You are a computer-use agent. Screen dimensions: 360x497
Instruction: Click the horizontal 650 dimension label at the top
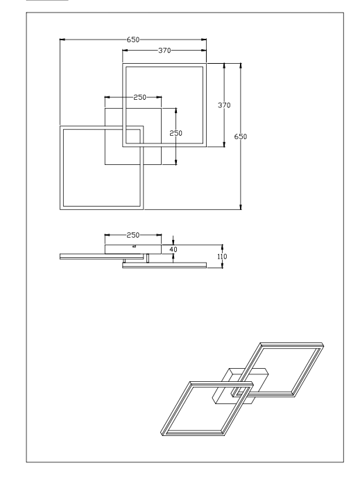pyautogui.click(x=133, y=40)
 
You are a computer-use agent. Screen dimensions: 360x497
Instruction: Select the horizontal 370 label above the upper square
pyautogui.click(x=164, y=50)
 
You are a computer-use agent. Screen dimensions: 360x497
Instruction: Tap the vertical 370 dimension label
pyautogui.click(x=224, y=105)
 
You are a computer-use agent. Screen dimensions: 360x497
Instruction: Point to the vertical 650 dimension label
pyautogui.click(x=241, y=137)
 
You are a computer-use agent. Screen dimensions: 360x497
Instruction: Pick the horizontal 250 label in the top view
pyautogui.click(x=139, y=97)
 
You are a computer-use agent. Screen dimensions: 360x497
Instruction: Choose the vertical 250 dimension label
pyautogui.click(x=175, y=133)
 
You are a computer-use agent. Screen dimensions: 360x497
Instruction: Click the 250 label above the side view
pyautogui.click(x=133, y=235)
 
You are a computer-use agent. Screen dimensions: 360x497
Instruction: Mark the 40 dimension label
pyautogui.click(x=173, y=250)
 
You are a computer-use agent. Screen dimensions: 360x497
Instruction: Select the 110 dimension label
pyautogui.click(x=222, y=256)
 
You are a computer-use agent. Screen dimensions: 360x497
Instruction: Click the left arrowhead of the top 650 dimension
pyautogui.click(x=62, y=40)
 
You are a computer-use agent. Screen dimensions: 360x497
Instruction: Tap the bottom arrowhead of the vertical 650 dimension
pyautogui.click(x=241, y=207)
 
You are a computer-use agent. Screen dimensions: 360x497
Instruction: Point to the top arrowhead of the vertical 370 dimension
pyautogui.click(x=224, y=66)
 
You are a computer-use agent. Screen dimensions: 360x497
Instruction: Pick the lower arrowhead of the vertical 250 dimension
pyautogui.click(x=175, y=162)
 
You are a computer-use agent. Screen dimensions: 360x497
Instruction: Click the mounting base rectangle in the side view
pyautogui.click(x=133, y=249)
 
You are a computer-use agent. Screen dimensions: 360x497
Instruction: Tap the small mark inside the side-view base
pyautogui.click(x=134, y=245)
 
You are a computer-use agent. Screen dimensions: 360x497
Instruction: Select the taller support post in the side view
pyautogui.click(x=148, y=258)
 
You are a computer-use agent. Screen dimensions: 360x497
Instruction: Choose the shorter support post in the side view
pyautogui.click(x=124, y=261)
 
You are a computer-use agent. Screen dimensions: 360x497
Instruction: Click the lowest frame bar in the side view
pyautogui.click(x=164, y=265)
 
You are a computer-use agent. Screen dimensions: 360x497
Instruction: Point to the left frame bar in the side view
pyautogui.click(x=101, y=256)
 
